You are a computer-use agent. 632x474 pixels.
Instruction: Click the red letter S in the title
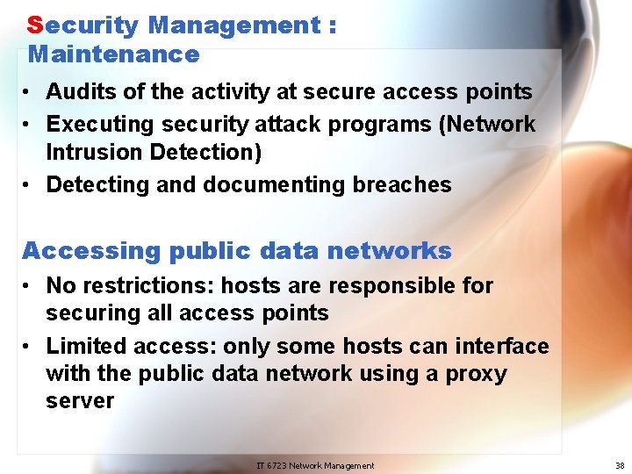tap(34, 25)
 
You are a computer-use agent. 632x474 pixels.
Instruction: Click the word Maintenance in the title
tap(114, 54)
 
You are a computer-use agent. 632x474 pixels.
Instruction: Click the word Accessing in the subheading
tap(79, 251)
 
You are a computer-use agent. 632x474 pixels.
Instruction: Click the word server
tap(80, 401)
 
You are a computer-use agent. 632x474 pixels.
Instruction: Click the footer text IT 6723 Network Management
tap(315, 465)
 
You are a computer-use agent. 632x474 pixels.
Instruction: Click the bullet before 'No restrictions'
tap(30, 285)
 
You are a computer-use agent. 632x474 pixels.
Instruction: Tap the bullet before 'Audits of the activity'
tap(30, 91)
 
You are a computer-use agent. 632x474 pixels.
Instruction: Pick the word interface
tap(501, 347)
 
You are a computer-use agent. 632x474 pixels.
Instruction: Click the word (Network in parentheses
tap(487, 124)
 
